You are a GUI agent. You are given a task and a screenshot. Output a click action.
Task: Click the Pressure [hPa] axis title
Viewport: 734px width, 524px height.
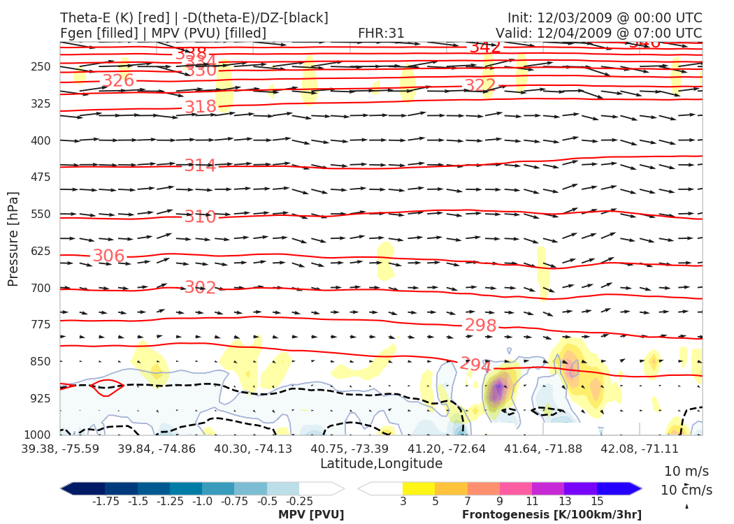(13, 238)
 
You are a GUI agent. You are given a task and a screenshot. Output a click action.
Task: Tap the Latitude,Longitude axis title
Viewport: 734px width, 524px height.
(381, 464)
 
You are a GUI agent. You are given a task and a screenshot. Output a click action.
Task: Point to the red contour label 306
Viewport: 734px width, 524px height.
(108, 256)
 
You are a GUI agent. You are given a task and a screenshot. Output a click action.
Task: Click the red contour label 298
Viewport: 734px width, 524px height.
(480, 326)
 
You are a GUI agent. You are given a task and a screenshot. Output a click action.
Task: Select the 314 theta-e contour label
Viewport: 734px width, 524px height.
(200, 166)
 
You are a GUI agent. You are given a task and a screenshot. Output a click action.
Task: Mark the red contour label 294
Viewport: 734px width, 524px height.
(475, 365)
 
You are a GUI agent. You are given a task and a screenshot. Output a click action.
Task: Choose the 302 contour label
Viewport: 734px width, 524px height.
(200, 288)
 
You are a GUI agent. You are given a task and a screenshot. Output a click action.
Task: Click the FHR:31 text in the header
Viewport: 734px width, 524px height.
(381, 34)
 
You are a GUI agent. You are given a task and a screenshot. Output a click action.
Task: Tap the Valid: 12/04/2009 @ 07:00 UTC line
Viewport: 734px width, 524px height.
(598, 34)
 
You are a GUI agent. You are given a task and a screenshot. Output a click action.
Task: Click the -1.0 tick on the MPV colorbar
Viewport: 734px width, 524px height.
(203, 501)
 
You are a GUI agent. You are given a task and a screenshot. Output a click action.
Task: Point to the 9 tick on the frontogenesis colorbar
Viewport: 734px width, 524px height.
(500, 501)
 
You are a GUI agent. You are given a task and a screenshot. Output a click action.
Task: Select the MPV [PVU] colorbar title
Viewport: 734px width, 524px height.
(310, 515)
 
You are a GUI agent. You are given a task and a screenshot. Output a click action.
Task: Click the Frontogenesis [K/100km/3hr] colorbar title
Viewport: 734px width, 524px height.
(552, 515)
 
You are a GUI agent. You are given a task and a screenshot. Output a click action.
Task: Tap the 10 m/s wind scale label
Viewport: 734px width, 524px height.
(686, 471)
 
